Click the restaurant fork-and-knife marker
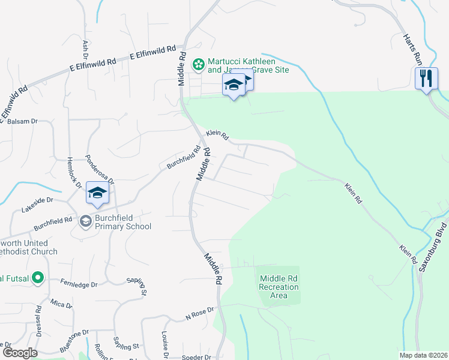(426, 78)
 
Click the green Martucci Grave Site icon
(197, 63)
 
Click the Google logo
(19, 353)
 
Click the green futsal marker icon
(38, 277)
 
